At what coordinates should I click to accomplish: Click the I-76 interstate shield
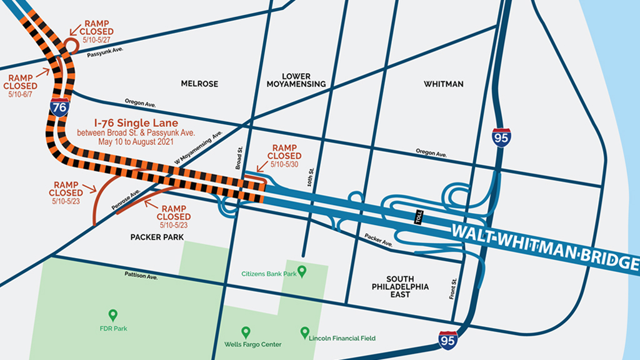[x=60, y=107]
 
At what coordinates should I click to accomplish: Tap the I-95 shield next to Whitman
[x=501, y=137]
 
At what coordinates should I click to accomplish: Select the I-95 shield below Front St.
[x=448, y=341]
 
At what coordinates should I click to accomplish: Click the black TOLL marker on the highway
[x=419, y=217]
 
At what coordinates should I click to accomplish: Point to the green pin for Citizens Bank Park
[x=302, y=271]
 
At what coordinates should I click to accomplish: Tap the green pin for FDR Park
[x=112, y=314]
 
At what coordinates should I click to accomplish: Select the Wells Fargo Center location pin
[x=246, y=331]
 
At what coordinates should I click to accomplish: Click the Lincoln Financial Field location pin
[x=304, y=331]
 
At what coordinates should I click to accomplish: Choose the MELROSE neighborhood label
[x=198, y=84]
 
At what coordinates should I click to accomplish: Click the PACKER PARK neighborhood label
[x=157, y=237]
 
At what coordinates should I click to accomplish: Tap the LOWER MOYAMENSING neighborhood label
[x=296, y=80]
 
